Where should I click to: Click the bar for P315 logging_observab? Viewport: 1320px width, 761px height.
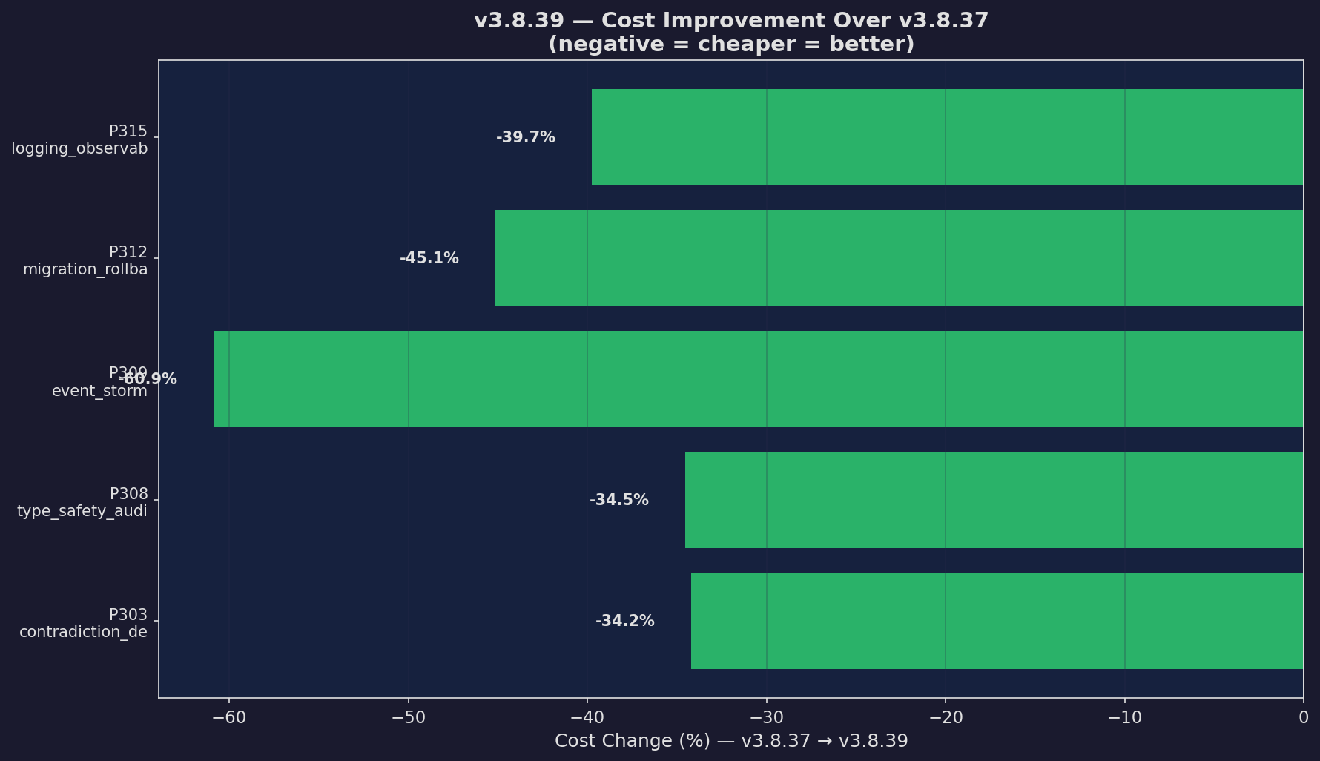pyautogui.click(x=947, y=137)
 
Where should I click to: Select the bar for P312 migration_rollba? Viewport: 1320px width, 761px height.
pyautogui.click(x=899, y=258)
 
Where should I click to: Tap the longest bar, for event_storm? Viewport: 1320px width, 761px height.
pyautogui.click(x=758, y=379)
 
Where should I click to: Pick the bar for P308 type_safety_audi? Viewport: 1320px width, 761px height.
pyautogui.click(x=994, y=500)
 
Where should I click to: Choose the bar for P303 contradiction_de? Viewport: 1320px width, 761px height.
pyautogui.click(x=997, y=621)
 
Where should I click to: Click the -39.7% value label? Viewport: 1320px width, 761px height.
pyautogui.click(x=525, y=137)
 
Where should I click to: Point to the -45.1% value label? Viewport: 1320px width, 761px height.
pyautogui.click(x=429, y=258)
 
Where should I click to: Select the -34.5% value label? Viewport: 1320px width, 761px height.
pyautogui.click(x=618, y=500)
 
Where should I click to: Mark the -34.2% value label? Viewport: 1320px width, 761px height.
pyautogui.click(x=624, y=621)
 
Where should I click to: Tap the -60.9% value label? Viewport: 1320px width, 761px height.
pyautogui.click(x=148, y=379)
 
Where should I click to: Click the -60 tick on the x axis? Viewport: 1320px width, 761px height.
pyautogui.click(x=228, y=717)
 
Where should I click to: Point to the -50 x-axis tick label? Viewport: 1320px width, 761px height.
pyautogui.click(x=408, y=717)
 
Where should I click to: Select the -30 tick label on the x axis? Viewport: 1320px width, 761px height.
pyautogui.click(x=766, y=717)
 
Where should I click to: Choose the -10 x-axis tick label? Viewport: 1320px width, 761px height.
pyautogui.click(x=1124, y=717)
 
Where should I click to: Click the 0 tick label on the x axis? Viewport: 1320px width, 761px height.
pyautogui.click(x=1303, y=717)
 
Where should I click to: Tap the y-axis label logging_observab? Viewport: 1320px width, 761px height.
pyautogui.click(x=79, y=148)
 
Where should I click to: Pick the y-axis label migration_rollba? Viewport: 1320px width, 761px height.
pyautogui.click(x=85, y=269)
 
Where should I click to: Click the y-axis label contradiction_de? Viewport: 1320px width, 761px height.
pyautogui.click(x=83, y=632)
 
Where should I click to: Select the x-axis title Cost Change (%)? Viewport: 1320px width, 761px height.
pyautogui.click(x=730, y=741)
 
